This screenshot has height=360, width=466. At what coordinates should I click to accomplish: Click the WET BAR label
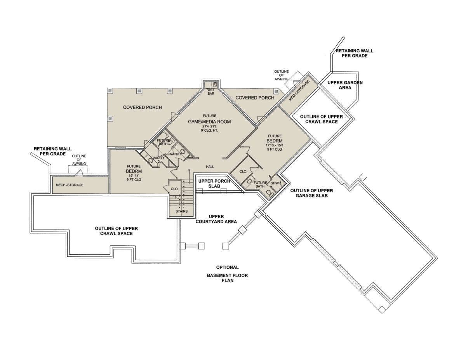pos(211,92)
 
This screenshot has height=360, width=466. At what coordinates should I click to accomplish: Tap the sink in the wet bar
pos(215,84)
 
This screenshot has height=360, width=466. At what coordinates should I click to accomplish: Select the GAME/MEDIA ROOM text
pos(209,122)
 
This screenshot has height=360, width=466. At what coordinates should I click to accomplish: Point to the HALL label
pos(210,167)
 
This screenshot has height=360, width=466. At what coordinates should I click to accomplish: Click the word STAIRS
pos(181,211)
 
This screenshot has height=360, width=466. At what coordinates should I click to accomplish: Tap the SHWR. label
pos(275,183)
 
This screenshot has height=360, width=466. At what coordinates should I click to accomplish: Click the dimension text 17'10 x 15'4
pos(275,145)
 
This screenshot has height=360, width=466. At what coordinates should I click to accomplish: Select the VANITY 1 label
pos(176,156)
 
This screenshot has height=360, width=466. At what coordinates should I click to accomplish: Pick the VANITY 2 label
pos(158,160)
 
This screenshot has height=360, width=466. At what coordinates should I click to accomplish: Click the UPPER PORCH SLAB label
pos(214,184)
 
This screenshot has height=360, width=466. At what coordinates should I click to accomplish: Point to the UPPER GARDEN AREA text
pos(345,85)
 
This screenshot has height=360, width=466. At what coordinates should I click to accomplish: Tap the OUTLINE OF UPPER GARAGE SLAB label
pos(311,193)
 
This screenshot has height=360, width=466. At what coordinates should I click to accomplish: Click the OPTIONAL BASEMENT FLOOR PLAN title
pos(227,274)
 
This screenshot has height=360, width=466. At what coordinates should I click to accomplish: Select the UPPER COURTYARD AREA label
pos(216,219)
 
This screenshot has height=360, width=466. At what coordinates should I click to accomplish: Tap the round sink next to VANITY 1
pos(183,151)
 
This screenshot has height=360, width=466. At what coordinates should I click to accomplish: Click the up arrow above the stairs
pos(189,176)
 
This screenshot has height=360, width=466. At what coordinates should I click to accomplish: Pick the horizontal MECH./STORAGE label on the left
pos(70,185)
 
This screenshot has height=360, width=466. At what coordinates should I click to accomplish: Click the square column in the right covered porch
pos(276,92)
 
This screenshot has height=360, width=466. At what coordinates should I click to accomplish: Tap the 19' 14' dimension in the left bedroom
pos(134,176)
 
